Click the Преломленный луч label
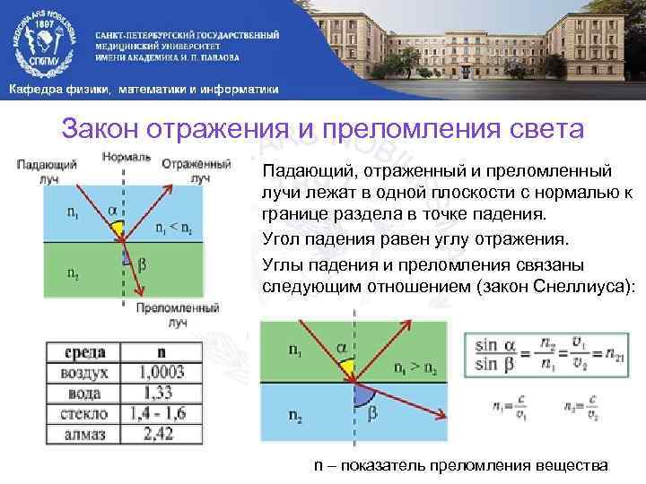[179, 314]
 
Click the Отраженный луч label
[196, 171]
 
